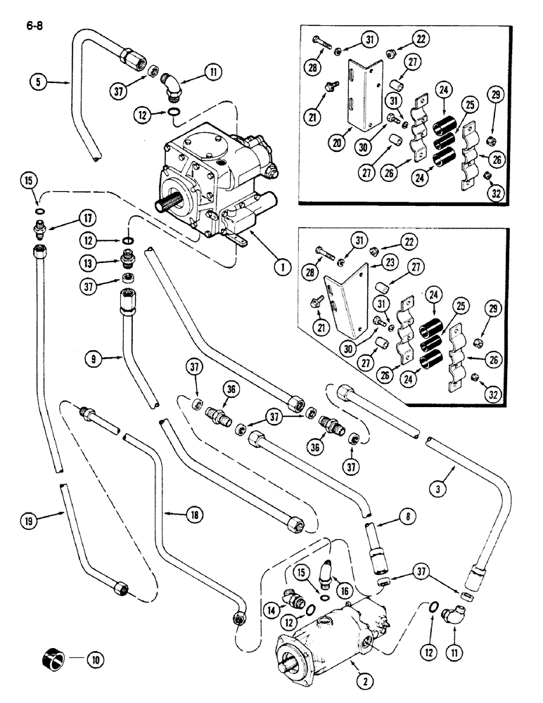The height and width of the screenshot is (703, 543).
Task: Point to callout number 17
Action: click(91, 218)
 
